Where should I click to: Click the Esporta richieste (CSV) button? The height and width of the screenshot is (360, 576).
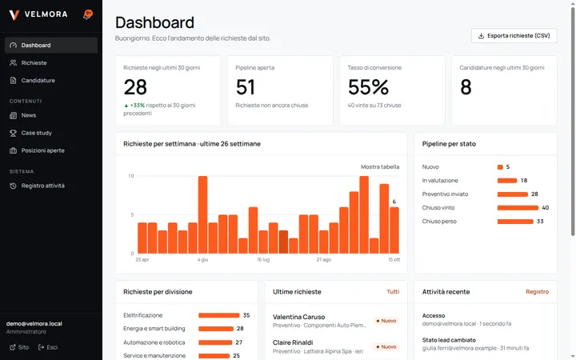[514, 36]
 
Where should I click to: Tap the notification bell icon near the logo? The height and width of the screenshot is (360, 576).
[87, 15]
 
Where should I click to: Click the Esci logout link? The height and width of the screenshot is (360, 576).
[48, 347]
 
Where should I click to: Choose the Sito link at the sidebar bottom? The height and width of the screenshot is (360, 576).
[19, 347]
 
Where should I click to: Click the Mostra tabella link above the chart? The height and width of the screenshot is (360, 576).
[380, 166]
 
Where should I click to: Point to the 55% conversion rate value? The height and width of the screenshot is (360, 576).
[368, 87]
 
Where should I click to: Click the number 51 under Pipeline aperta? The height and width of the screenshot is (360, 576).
[245, 87]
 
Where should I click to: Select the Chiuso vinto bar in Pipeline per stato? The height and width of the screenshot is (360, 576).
[518, 208]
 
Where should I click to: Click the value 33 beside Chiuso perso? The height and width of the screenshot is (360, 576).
[540, 222]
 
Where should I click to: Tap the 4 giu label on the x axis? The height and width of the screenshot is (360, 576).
[202, 260]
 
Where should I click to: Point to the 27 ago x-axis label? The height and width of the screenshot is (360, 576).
[324, 260]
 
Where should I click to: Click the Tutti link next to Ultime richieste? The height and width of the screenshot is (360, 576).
[393, 292]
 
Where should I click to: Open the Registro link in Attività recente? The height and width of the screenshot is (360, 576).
[537, 292]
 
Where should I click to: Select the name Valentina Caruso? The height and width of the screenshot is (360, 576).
[298, 317]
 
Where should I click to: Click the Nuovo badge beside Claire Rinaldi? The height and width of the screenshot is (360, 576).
[386, 346]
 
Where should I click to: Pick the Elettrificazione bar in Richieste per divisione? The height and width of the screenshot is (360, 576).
[219, 315]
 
